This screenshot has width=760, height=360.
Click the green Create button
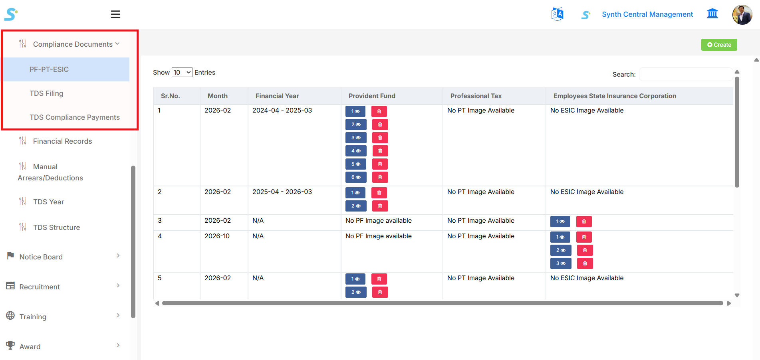pos(719,45)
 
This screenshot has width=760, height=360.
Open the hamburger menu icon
pos(115,14)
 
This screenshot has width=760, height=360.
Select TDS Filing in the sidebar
pos(46,93)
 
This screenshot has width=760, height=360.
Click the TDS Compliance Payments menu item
pos(75,117)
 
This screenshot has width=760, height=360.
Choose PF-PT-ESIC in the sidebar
pos(49,69)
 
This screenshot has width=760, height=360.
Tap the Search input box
pos(685,74)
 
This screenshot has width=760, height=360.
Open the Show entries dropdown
pos(182,72)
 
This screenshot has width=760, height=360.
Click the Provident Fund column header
pos(372,96)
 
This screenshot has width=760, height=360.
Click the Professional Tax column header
pos(476,96)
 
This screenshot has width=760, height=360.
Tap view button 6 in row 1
pos(355,177)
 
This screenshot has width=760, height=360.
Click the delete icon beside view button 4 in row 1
pos(380,151)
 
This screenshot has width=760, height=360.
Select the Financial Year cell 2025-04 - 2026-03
pos(282,192)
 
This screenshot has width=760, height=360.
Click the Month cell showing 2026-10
pos(217,236)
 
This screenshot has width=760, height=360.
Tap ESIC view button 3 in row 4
pos(561,263)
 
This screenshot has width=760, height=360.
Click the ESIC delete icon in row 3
pos(584,222)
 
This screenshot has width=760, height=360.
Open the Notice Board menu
pos(41,257)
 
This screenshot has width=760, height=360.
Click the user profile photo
pos(742,15)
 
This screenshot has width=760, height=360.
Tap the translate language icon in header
pos(557,14)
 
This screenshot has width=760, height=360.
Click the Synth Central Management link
pos(647,14)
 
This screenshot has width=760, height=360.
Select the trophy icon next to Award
pos(11,345)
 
